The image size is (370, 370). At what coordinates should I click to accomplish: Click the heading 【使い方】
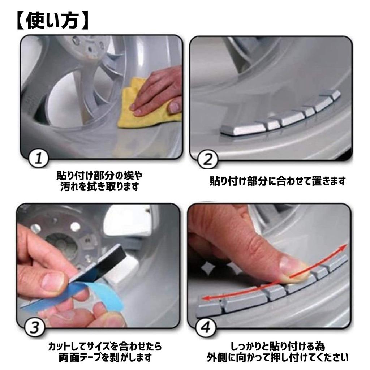click(53, 21)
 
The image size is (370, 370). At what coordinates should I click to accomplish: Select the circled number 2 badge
click(208, 159)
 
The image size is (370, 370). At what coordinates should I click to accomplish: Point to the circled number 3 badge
click(35, 327)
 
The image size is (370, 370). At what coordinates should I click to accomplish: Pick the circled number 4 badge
click(206, 328)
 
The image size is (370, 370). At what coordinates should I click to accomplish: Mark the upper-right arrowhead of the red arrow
click(344, 248)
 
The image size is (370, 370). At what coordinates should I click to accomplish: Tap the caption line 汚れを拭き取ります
click(99, 186)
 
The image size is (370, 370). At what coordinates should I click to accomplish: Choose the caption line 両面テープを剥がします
click(105, 357)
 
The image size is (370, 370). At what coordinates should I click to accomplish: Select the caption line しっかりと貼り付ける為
click(277, 347)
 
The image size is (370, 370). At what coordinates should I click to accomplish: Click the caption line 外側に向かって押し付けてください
click(277, 357)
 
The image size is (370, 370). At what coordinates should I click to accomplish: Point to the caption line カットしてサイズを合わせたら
click(105, 347)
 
